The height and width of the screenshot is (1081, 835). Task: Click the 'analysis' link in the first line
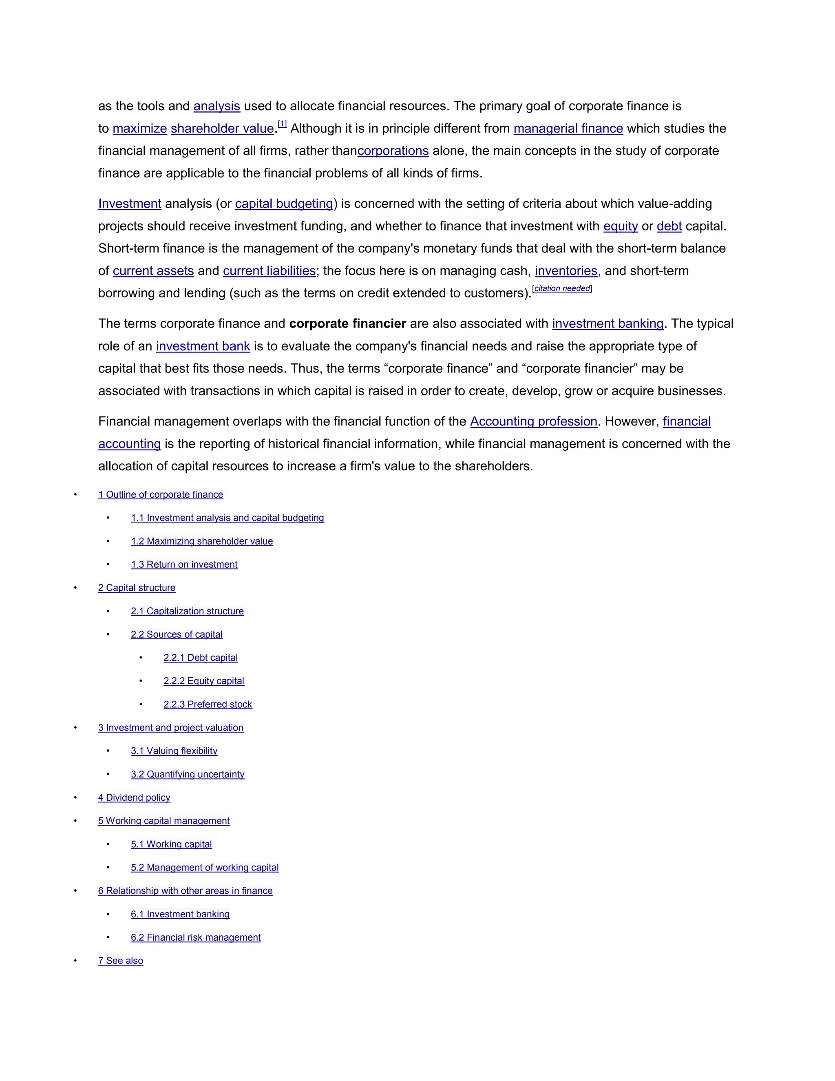coord(216,106)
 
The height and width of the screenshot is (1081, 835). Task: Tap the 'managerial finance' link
coord(568,128)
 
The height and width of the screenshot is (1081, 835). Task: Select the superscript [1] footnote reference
coord(282,124)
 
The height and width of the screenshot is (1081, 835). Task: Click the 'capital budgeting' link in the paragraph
coord(284,204)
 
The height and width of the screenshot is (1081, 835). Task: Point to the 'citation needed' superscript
coord(562,288)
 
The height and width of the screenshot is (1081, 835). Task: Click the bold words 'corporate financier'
coord(347,324)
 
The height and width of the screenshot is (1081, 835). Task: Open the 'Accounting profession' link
coord(534,421)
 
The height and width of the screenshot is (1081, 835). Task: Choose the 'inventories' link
coord(566,271)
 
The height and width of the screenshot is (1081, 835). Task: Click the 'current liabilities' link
coord(269,271)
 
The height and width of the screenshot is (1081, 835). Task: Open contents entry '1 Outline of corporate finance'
coord(161,494)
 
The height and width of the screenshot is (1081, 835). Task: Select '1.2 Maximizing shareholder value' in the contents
coord(202,541)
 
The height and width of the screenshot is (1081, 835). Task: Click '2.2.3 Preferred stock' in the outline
coord(208,704)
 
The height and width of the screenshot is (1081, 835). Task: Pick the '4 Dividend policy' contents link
coord(134,797)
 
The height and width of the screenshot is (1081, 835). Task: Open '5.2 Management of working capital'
coord(205,867)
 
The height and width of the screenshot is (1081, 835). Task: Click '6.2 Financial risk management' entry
coord(196,937)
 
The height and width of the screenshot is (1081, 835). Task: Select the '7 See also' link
coord(121,961)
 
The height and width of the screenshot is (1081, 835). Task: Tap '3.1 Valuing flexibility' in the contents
coord(174,751)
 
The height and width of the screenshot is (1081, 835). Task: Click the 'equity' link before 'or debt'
coord(620,226)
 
